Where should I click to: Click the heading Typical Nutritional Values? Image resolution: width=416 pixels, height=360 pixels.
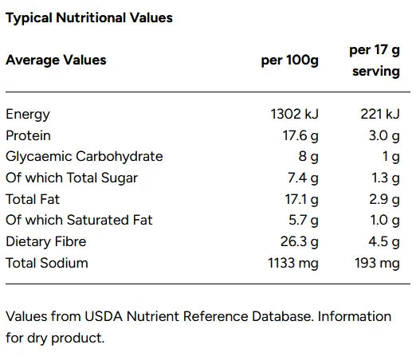coord(89,18)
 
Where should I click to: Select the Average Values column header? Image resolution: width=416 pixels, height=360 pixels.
coord(56,60)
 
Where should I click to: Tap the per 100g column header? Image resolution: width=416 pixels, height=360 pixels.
coord(290,61)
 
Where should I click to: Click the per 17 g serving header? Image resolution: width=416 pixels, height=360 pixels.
coord(374,61)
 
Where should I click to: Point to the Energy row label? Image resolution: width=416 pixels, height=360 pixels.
coord(28,114)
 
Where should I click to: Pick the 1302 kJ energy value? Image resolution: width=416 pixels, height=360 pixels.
coord(295,114)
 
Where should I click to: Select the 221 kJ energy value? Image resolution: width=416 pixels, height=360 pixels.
coord(379,114)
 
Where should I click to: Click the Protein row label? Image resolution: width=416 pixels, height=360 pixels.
coord(29,135)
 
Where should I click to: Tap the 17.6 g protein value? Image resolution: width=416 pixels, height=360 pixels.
coord(301,135)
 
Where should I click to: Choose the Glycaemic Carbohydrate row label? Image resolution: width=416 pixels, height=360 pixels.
coord(84,156)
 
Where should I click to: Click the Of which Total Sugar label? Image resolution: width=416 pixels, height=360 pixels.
coord(72,178)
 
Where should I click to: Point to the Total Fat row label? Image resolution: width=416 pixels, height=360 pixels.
coord(33,199)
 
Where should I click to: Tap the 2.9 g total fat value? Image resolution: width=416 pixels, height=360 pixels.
coord(385,199)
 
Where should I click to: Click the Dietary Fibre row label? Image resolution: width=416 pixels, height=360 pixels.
coord(45,241)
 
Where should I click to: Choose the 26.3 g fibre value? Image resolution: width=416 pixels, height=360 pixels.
coord(301,241)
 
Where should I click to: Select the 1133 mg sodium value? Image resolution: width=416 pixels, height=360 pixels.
coord(293,263)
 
